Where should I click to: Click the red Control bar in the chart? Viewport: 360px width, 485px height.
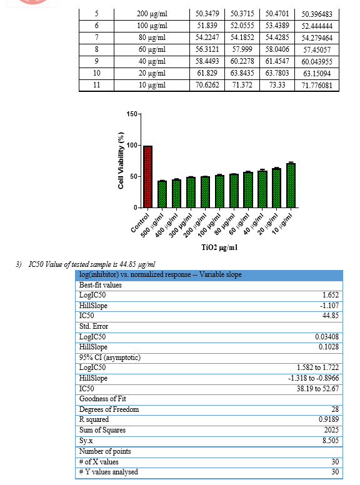[x=148, y=177]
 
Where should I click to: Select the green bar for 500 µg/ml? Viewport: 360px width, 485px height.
[x=162, y=194]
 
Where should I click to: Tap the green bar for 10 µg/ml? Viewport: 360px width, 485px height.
[x=291, y=185]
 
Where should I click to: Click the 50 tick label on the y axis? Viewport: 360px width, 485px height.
[x=134, y=176]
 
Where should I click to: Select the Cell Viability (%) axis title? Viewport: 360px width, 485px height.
[x=121, y=160]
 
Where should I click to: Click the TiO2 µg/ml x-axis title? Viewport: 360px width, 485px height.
[x=219, y=247]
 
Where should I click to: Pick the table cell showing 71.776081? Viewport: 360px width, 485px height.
[x=317, y=86]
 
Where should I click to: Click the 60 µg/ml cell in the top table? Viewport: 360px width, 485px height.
[x=152, y=49]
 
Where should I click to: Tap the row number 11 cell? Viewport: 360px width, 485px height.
[x=96, y=85]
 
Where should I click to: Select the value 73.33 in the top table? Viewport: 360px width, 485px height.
[x=277, y=85]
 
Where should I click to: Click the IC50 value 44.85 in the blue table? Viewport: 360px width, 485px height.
[x=331, y=316]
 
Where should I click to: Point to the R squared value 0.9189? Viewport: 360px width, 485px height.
[x=329, y=419]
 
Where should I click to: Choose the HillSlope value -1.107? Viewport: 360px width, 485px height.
[x=329, y=306]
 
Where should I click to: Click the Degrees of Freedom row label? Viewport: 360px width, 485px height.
[x=109, y=409]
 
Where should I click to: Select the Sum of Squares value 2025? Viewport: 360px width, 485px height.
[x=331, y=430]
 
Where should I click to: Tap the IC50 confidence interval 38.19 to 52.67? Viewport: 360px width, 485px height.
[x=317, y=389]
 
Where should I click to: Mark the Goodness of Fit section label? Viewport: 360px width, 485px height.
[x=102, y=399]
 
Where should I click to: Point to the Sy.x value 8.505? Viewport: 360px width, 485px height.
[x=331, y=441]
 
